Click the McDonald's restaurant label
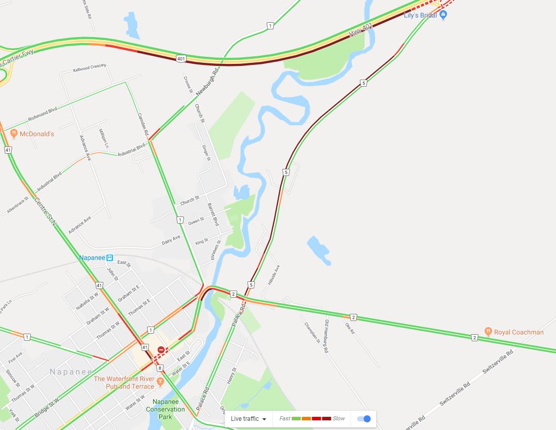[36, 134]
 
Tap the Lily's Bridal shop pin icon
[443, 15]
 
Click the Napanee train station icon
[109, 258]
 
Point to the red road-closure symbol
[161, 350]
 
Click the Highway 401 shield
[181, 58]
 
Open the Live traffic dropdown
[248, 419]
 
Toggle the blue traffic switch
[364, 419]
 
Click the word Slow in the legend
[339, 419]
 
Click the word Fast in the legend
[285, 419]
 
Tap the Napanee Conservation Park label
[165, 409]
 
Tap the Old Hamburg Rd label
[327, 336]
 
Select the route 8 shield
[160, 368]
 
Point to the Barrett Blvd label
[213, 214]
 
